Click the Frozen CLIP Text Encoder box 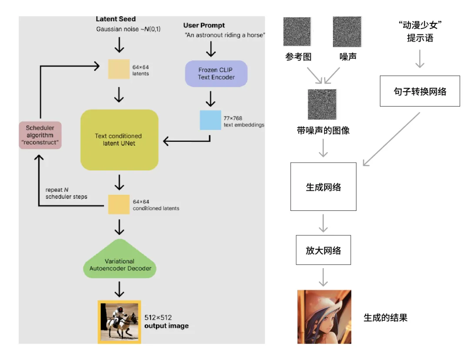(x=216, y=73)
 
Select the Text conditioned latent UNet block (x=119, y=140)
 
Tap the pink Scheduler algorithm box (x=40, y=135)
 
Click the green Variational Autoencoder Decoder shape (x=120, y=259)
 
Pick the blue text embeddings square (x=211, y=120)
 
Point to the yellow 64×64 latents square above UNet (x=119, y=69)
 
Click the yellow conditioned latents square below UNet (x=119, y=204)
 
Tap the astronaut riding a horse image (x=119, y=322)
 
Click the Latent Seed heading (x=116, y=19)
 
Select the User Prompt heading (x=204, y=26)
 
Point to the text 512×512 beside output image (x=158, y=317)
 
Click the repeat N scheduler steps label (x=66, y=193)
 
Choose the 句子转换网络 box (x=420, y=91)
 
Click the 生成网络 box (x=323, y=187)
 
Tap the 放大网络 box (x=323, y=250)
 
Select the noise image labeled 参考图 (x=297, y=31)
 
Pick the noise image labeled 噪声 (x=347, y=31)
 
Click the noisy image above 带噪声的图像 (x=322, y=104)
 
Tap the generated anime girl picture (x=324, y=317)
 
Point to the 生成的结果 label (x=386, y=317)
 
